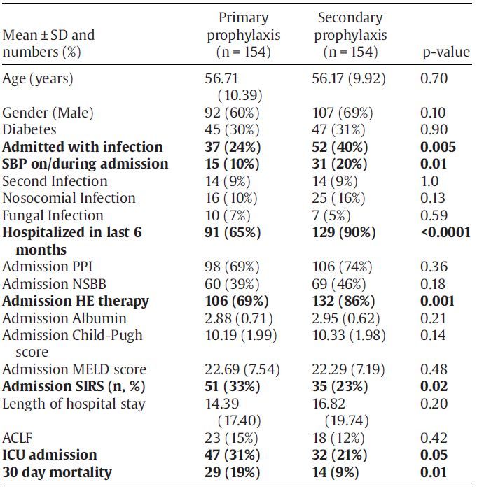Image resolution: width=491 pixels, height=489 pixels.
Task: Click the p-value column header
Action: pos(446,52)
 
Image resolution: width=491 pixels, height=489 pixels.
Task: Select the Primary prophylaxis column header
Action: pos(244,35)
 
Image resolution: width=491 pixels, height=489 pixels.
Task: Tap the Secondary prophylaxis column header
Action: pos(350,35)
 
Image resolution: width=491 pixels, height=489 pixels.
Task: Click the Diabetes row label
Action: pos(29,129)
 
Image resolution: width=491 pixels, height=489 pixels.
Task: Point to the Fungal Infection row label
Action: pos(53,215)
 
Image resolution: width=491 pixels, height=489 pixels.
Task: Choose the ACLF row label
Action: pos(18,438)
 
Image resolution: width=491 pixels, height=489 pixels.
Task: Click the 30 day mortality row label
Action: pos(57,472)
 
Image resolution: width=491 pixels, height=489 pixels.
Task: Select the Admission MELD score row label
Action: pos(74,369)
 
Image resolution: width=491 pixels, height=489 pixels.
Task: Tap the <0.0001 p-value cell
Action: pos(445,232)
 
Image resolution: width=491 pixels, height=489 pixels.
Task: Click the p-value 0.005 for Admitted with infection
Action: pos(438,147)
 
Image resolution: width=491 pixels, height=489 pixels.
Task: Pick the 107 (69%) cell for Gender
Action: pos(343,113)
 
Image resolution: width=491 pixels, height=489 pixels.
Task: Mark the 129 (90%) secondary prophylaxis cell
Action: pos(343,232)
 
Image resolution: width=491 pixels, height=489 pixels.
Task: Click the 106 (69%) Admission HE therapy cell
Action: pos(237,301)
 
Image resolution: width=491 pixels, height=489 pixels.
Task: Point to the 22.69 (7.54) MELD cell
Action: pos(242,369)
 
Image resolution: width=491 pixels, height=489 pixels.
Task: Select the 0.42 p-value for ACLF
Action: pos(434,438)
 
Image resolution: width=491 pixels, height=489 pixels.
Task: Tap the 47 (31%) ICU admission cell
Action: pos(233,455)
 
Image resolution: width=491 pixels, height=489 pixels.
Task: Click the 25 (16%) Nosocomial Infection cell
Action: pos(338,198)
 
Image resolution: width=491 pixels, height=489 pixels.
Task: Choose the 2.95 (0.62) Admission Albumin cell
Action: pos(346,318)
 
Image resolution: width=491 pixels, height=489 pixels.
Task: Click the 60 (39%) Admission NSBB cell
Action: pos(232,284)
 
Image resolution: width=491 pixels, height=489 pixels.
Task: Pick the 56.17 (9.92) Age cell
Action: pos(349,78)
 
